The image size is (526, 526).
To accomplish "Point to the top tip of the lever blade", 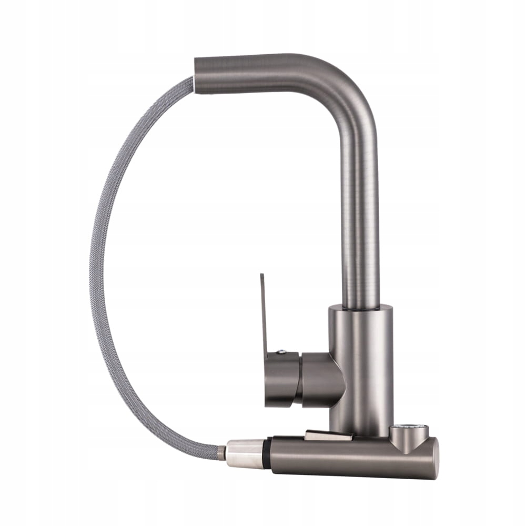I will pos(261,275).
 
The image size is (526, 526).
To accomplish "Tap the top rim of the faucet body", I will pos(361,308).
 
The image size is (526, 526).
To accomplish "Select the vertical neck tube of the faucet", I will pos(361,221).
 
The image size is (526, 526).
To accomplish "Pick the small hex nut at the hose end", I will pos(222,451).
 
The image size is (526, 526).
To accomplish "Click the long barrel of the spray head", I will pos(347,458).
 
